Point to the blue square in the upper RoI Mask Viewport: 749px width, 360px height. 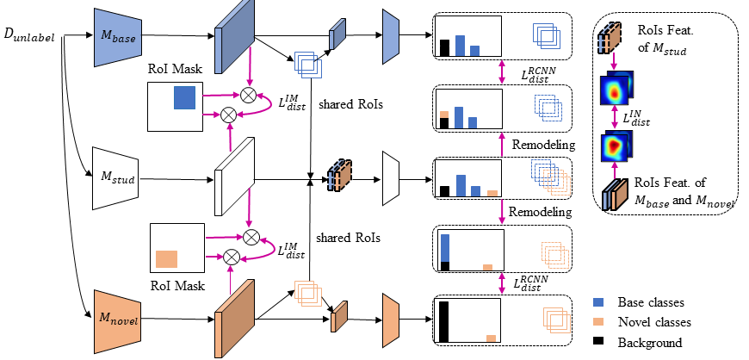pyautogui.click(x=184, y=97)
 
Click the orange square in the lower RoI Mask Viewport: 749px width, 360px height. pyautogui.click(x=166, y=257)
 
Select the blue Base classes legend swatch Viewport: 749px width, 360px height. pyautogui.click(x=599, y=302)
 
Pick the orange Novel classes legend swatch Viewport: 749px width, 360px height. pyautogui.click(x=599, y=321)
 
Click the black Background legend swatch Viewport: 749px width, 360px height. pyautogui.click(x=599, y=342)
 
